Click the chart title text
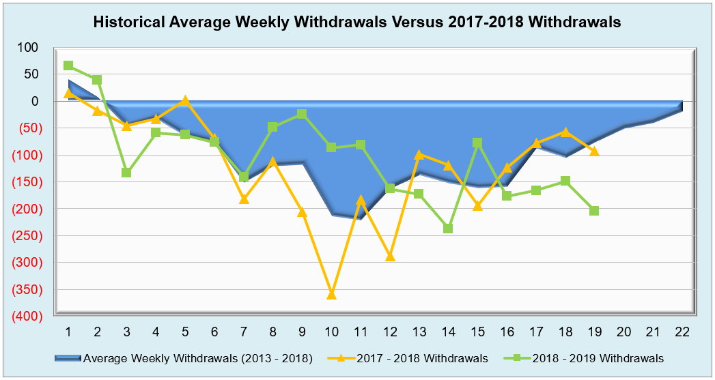(x=357, y=22)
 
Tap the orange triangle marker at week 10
(x=331, y=294)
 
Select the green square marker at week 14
(x=448, y=229)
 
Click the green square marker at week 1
(x=68, y=65)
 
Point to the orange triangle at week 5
(x=185, y=100)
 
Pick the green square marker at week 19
(x=594, y=211)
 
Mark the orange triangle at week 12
(x=390, y=256)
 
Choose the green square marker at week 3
(x=126, y=173)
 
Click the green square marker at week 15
(x=477, y=143)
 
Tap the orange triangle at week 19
(x=594, y=151)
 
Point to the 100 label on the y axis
(x=29, y=47)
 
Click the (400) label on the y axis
(x=25, y=316)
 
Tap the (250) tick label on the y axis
(x=25, y=235)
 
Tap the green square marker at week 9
(x=302, y=114)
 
